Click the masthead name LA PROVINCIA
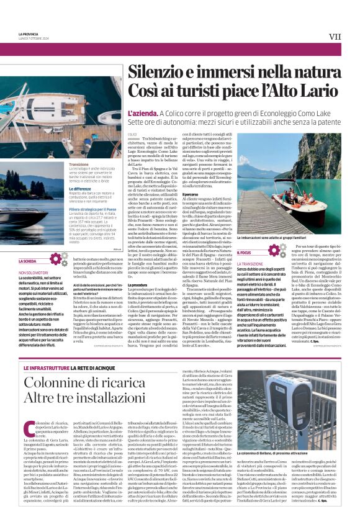click(29, 34)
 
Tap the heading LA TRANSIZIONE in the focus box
click(250, 264)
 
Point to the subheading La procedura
click(137, 286)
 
